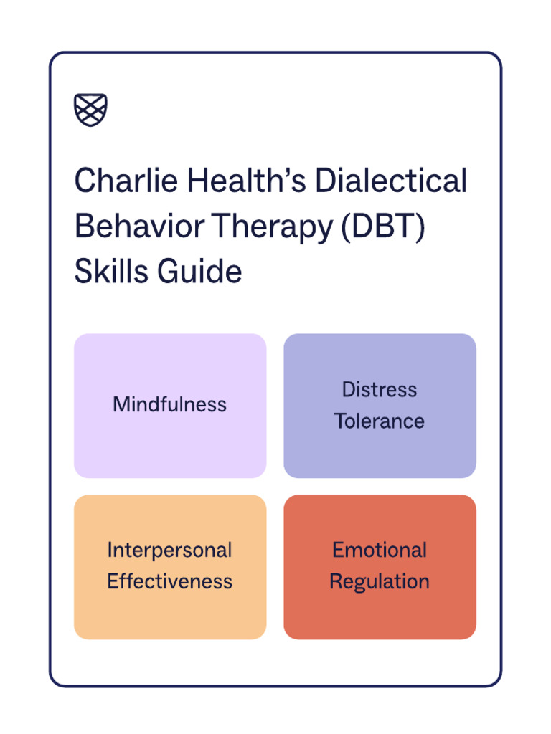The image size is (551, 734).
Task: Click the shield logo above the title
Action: point(91,110)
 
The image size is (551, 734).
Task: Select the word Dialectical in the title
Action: point(391,181)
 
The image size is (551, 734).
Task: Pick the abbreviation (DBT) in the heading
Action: point(383,227)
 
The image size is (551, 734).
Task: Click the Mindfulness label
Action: point(169,405)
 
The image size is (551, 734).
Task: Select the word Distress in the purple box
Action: point(380,390)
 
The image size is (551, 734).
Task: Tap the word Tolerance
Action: point(380,421)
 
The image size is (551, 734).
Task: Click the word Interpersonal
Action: point(169,550)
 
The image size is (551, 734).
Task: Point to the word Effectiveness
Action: point(169,581)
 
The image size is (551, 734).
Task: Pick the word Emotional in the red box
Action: point(380,550)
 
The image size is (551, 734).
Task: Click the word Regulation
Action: point(380,581)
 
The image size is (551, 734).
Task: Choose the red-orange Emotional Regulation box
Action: point(380,613)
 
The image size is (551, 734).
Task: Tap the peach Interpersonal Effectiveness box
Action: point(169,613)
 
